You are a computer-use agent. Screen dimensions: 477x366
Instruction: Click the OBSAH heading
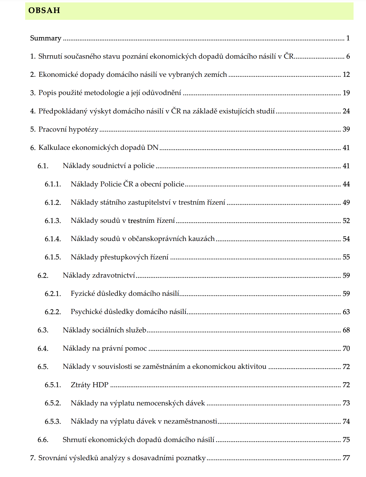click(44, 10)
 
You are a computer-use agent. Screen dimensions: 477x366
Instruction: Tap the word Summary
click(45, 38)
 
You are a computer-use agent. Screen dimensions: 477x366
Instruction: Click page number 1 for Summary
click(348, 38)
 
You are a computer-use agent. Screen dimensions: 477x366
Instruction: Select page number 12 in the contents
click(346, 75)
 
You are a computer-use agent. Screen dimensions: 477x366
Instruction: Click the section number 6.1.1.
click(53, 184)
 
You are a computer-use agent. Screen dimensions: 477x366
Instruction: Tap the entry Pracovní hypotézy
click(68, 129)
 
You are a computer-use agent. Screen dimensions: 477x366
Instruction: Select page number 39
click(346, 129)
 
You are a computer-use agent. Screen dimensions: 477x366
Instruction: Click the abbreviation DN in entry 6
click(153, 148)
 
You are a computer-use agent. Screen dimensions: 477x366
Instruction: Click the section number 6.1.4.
click(53, 239)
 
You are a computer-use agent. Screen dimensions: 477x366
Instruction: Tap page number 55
click(346, 257)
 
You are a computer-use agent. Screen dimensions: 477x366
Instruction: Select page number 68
click(346, 330)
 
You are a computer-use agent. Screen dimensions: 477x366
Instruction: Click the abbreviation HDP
click(100, 385)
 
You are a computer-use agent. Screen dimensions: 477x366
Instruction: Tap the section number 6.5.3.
click(53, 421)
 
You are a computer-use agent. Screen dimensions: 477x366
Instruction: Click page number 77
click(346, 458)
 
